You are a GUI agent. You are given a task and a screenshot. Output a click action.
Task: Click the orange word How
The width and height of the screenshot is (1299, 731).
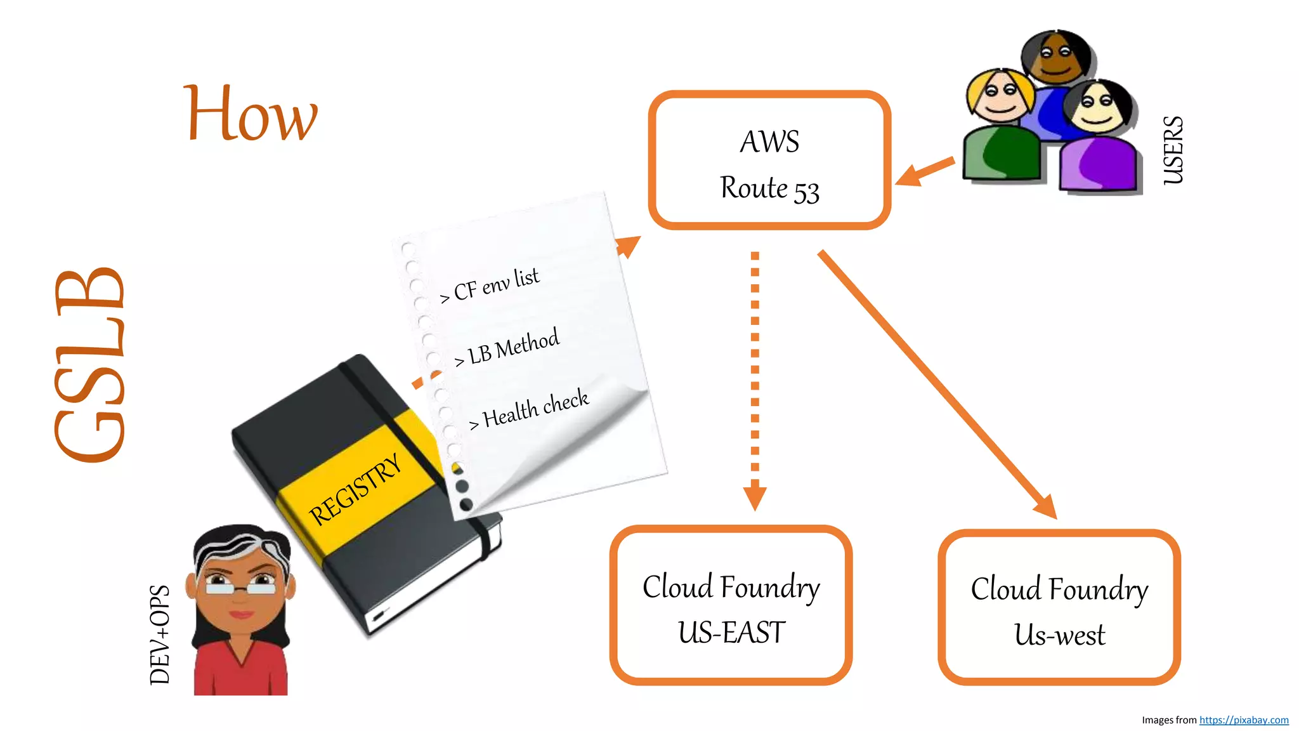[x=251, y=114]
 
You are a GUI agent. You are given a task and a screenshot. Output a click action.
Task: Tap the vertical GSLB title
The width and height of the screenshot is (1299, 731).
[x=90, y=365]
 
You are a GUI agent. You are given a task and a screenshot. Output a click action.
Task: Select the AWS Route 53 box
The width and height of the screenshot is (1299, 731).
[x=769, y=160]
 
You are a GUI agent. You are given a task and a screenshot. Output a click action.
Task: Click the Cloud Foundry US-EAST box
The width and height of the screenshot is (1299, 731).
[x=731, y=606]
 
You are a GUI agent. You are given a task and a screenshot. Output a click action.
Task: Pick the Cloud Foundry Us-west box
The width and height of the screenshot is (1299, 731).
[x=1059, y=608]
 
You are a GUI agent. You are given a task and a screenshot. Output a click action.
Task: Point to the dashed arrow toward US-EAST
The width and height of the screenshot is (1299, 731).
[x=755, y=381]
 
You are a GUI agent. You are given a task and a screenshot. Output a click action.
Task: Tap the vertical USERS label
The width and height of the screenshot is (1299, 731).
[x=1173, y=150]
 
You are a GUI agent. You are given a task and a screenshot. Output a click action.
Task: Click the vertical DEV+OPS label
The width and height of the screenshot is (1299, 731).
[x=160, y=635]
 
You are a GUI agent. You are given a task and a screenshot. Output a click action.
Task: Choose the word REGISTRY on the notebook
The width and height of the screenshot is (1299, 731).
[x=355, y=489]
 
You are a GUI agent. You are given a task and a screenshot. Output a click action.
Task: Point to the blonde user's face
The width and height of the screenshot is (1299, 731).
[x=1000, y=96]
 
